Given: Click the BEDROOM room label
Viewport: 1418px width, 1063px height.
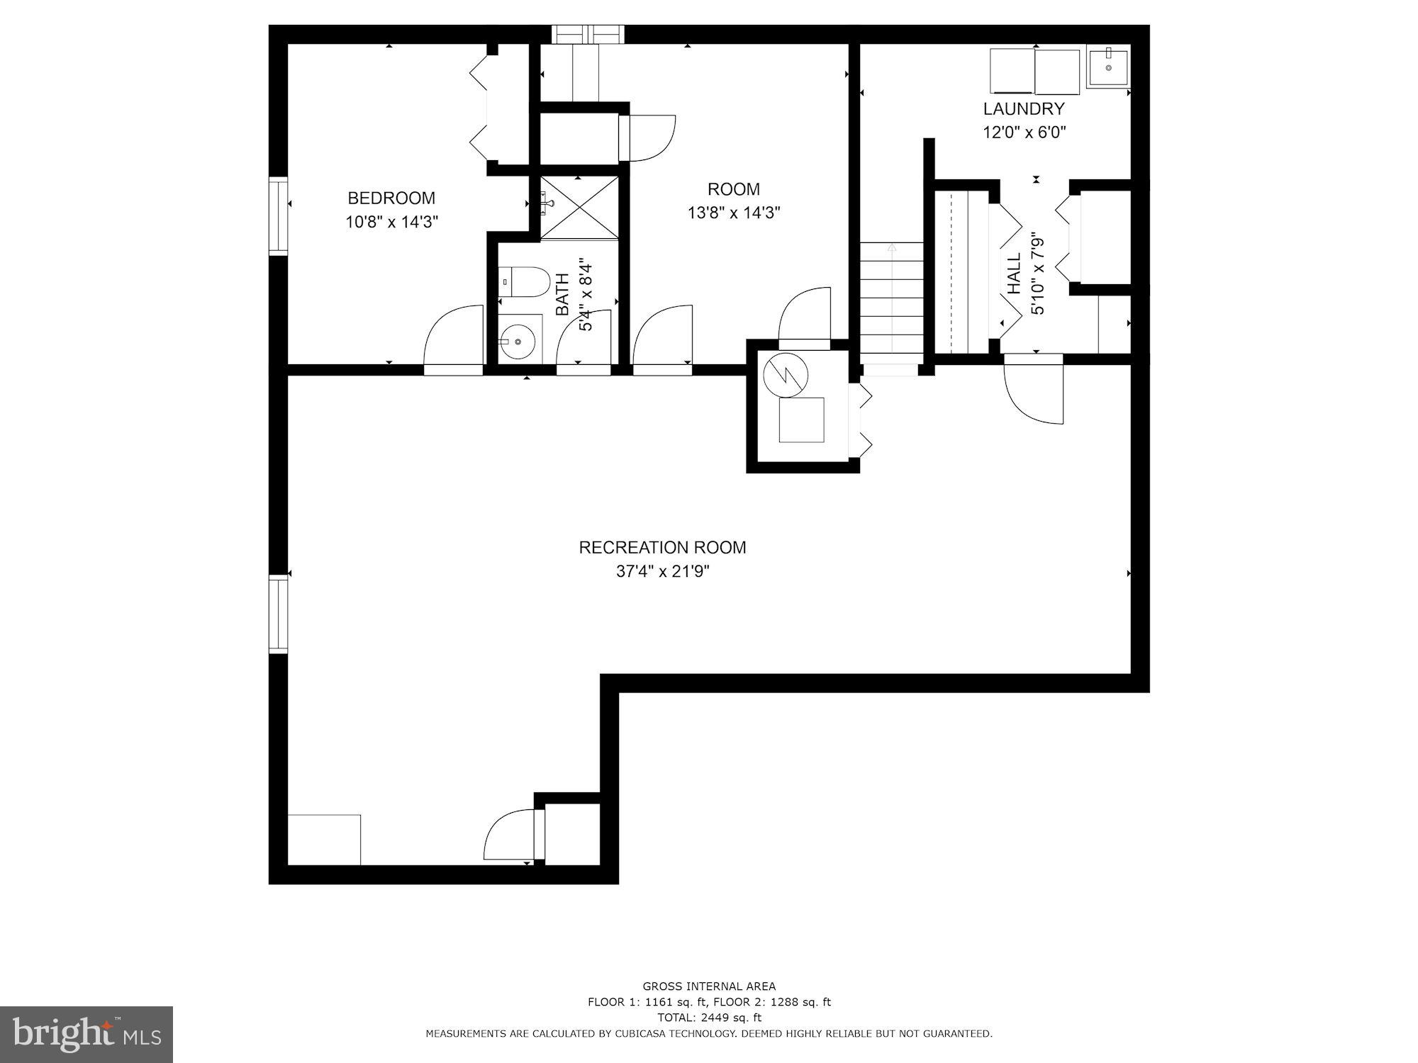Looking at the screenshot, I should [391, 198].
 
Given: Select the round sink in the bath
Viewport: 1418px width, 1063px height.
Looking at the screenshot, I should [520, 342].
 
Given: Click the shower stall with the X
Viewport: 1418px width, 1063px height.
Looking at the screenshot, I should [579, 207].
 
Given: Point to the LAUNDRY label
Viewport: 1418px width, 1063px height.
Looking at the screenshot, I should [1023, 109].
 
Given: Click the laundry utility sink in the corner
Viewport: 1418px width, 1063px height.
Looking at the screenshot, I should [1107, 67].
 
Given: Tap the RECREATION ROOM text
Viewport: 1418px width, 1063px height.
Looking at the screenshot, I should [662, 548].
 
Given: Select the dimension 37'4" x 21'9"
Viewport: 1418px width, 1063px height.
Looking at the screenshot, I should [662, 571].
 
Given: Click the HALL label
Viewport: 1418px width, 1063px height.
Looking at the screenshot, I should [1014, 274].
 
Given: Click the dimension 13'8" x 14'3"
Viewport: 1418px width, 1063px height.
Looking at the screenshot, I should [734, 213].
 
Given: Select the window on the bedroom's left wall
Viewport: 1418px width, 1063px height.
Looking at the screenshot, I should [278, 215].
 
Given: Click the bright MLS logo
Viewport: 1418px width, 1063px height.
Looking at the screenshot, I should [86, 1035].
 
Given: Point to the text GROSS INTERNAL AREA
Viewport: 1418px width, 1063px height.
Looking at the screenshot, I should [708, 986].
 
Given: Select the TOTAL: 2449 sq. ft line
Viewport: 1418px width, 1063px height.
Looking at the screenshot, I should [708, 1018].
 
